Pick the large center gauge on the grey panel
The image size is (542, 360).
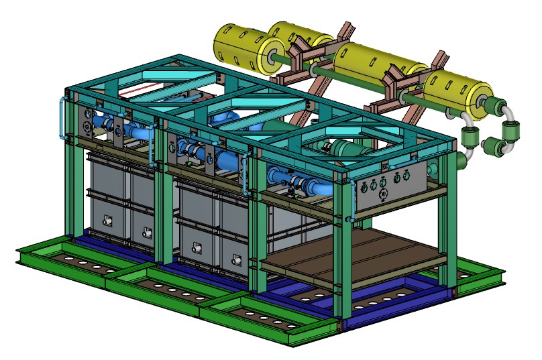coord(384,194)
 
